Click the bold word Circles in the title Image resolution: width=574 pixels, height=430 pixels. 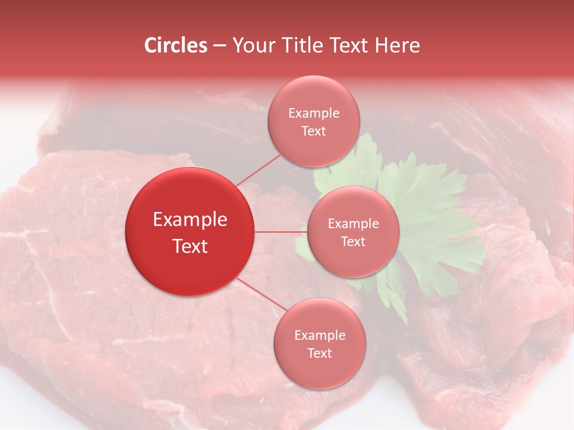(x=175, y=45)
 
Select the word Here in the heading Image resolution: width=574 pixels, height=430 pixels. (x=398, y=45)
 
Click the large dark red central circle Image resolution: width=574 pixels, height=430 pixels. (x=190, y=232)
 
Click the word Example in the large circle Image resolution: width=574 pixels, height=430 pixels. (x=190, y=220)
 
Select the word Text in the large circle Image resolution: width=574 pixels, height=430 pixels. (x=190, y=246)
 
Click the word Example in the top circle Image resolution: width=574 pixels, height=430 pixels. (x=314, y=113)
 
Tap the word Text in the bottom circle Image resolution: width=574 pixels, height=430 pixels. (x=319, y=353)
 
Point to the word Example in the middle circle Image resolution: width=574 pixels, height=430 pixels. (x=353, y=224)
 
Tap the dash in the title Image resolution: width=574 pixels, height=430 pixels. (x=219, y=46)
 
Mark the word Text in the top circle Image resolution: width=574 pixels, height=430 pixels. (x=314, y=131)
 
